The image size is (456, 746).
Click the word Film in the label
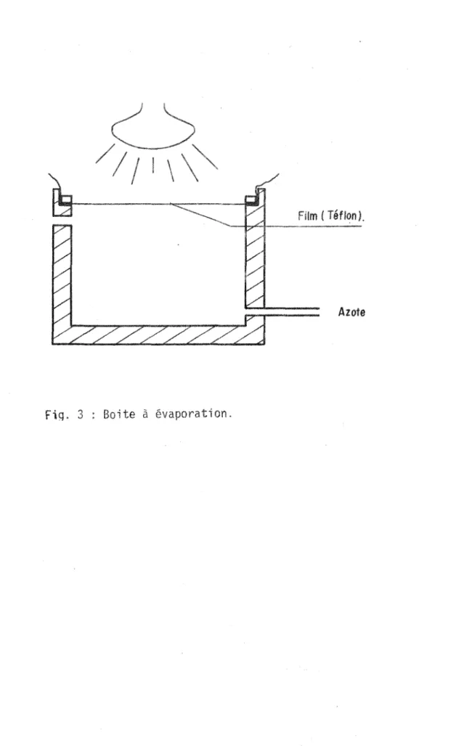(307, 216)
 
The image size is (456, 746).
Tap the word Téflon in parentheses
(342, 216)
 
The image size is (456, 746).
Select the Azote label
(351, 312)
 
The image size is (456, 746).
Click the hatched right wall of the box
(255, 257)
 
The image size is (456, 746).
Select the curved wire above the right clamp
(267, 183)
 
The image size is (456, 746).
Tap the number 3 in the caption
(81, 414)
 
